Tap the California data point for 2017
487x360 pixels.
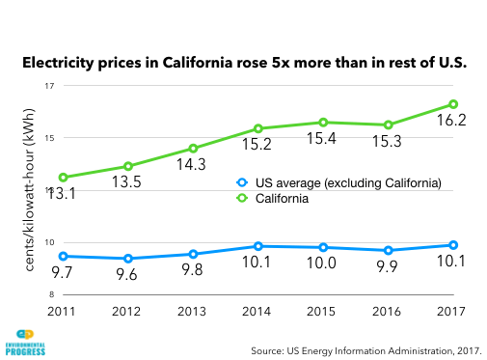click(454, 104)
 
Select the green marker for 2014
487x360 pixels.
click(258, 128)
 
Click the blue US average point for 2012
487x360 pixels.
click(128, 259)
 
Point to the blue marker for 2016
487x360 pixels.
click(389, 250)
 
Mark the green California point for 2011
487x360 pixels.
click(63, 178)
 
